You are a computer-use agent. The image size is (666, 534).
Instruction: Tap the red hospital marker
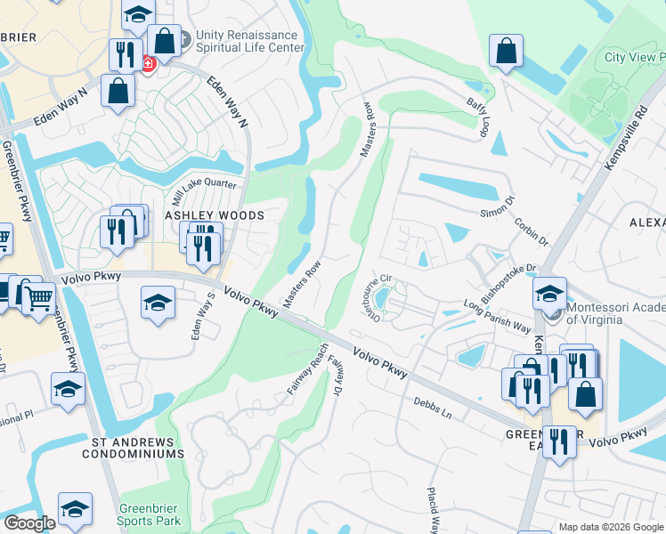point(149,62)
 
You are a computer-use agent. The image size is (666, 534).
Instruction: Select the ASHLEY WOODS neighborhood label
point(214,216)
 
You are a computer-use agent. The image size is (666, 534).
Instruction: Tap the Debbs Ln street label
point(433,409)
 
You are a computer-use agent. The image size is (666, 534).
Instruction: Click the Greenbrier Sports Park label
point(150,515)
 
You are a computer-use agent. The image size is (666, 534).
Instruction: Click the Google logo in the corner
point(31,522)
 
